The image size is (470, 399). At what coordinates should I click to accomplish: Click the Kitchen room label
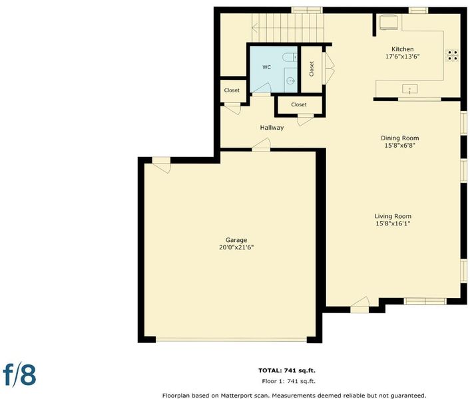(x=402, y=49)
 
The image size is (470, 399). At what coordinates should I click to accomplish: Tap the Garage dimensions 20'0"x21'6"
(x=236, y=247)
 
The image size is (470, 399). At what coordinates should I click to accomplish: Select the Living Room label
(x=393, y=216)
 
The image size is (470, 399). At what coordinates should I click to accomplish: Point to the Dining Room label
(x=399, y=138)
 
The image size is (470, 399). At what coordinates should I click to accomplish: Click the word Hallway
(x=272, y=128)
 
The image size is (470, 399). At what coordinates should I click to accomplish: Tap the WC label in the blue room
(x=266, y=67)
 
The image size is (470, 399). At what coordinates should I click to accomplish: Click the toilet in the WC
(x=290, y=57)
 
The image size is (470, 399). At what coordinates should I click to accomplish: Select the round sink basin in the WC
(x=290, y=80)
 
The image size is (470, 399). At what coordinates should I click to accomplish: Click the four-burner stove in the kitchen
(x=452, y=55)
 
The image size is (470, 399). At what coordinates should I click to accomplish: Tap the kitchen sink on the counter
(x=409, y=89)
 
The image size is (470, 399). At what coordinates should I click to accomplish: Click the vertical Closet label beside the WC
(x=312, y=69)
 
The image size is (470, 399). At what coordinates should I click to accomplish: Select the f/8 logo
(x=20, y=374)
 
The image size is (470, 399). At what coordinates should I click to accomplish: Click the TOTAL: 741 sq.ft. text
(x=287, y=370)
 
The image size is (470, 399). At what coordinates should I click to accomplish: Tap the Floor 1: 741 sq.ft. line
(x=288, y=381)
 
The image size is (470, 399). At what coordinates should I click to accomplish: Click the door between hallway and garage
(x=262, y=145)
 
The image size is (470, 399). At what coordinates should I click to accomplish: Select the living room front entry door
(x=359, y=305)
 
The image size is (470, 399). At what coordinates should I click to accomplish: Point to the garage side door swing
(x=162, y=165)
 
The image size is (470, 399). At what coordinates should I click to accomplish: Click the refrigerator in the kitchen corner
(x=389, y=22)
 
